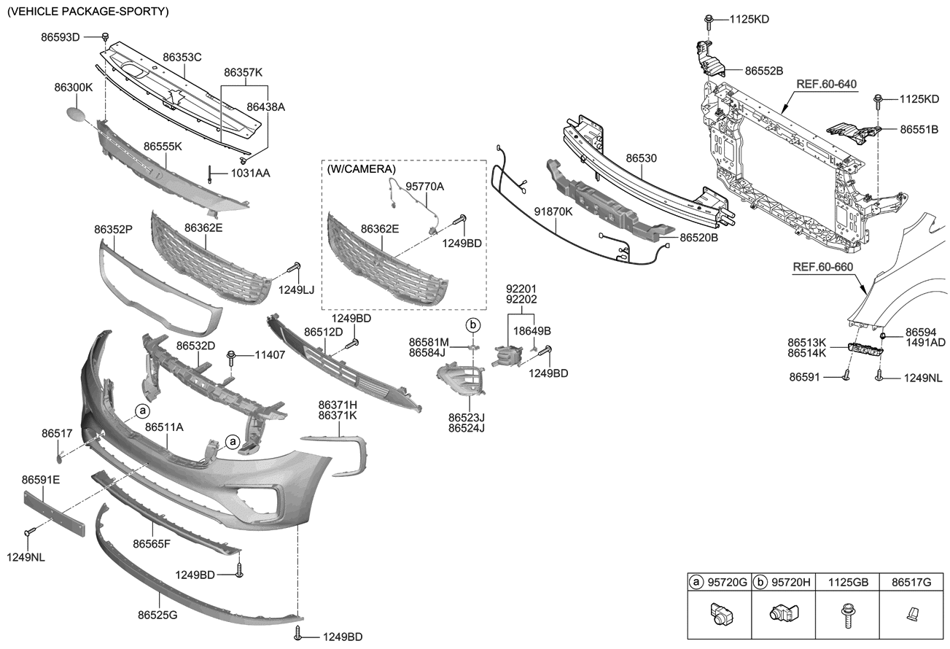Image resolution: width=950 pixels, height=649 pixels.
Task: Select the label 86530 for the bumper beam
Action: (x=642, y=157)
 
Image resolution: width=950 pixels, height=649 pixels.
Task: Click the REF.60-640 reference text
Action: (x=825, y=84)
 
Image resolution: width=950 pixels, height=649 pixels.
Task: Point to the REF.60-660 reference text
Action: (x=822, y=267)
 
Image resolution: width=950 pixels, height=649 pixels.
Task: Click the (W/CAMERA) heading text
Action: (x=361, y=169)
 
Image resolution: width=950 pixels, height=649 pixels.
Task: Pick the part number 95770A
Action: (x=425, y=187)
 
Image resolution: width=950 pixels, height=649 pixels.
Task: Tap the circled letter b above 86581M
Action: (x=472, y=324)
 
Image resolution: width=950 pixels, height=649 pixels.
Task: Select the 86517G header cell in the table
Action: (x=911, y=583)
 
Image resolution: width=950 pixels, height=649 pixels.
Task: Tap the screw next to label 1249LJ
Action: (x=297, y=269)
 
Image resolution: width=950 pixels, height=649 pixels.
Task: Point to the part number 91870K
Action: (x=553, y=211)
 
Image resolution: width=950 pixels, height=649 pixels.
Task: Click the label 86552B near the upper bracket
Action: (x=764, y=71)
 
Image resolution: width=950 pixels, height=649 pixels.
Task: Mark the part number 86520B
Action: (x=699, y=238)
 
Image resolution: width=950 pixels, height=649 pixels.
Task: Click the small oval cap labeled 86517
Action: (x=61, y=457)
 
